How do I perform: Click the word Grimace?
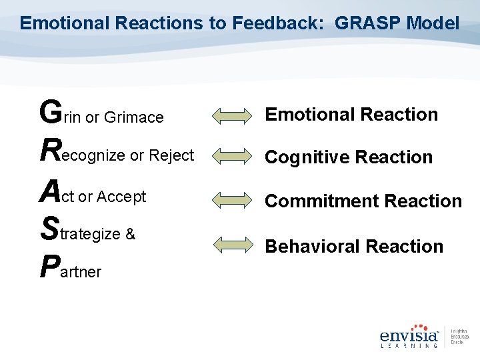[133, 117]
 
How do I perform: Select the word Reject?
[171, 155]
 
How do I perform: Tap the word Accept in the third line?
[121, 197]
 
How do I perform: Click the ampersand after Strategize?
[130, 234]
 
